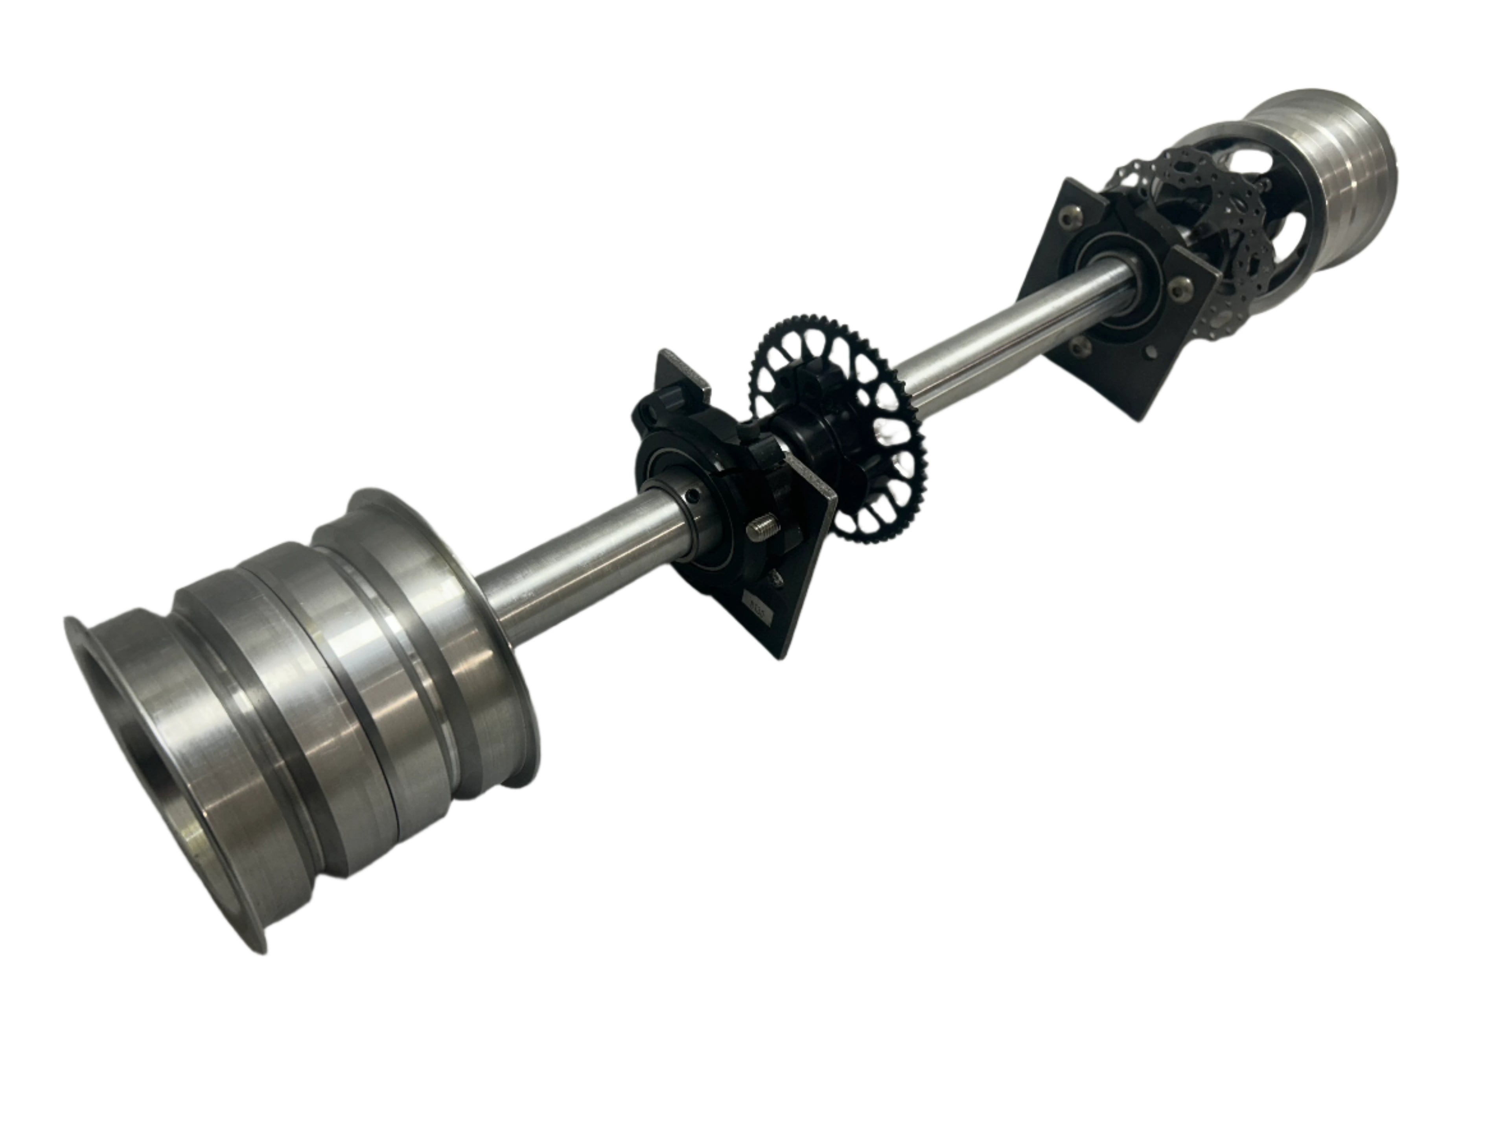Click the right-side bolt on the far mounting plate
click(1177, 290)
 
